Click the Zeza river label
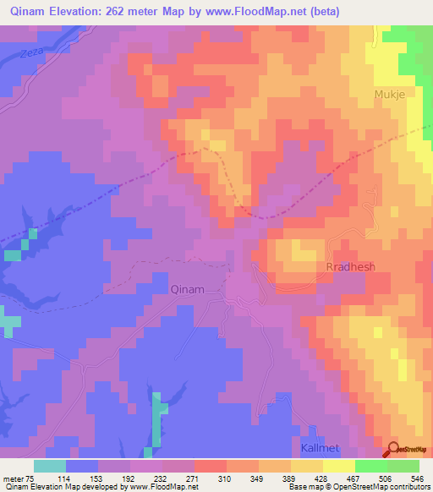[31, 53]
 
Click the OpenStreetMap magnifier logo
[393, 450]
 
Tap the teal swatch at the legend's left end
[50, 466]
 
